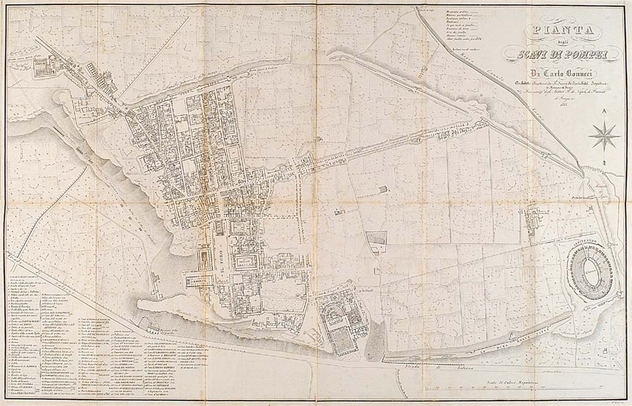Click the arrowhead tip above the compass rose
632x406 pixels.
[x=604, y=112]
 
